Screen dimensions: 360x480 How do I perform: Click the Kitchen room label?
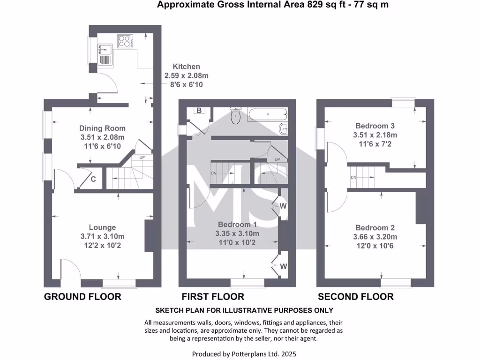[x=186, y=67]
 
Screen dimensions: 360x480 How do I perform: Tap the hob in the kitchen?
[x=125, y=41]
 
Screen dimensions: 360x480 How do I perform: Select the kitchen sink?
[x=104, y=48]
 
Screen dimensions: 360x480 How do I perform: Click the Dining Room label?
[x=102, y=128]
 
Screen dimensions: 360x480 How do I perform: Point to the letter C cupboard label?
[x=93, y=179]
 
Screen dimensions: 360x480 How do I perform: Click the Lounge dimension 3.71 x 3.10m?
[x=102, y=236]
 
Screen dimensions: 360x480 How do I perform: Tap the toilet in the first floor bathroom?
[x=235, y=116]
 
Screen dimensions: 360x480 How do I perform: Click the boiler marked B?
[x=199, y=111]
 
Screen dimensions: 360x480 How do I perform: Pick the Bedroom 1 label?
[x=237, y=225]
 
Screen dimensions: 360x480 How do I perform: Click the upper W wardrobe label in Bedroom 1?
[x=283, y=206]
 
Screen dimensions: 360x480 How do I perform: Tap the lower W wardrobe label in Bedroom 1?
[x=283, y=266]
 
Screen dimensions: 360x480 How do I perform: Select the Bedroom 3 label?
[x=375, y=126]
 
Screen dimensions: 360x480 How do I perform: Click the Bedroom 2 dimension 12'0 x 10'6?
[x=375, y=245]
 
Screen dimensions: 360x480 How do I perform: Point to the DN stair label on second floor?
[x=354, y=177]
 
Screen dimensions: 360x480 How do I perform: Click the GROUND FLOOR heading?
[x=82, y=296]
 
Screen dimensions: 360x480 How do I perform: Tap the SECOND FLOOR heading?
[x=356, y=296]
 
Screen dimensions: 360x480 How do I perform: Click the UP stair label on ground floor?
[x=142, y=157]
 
